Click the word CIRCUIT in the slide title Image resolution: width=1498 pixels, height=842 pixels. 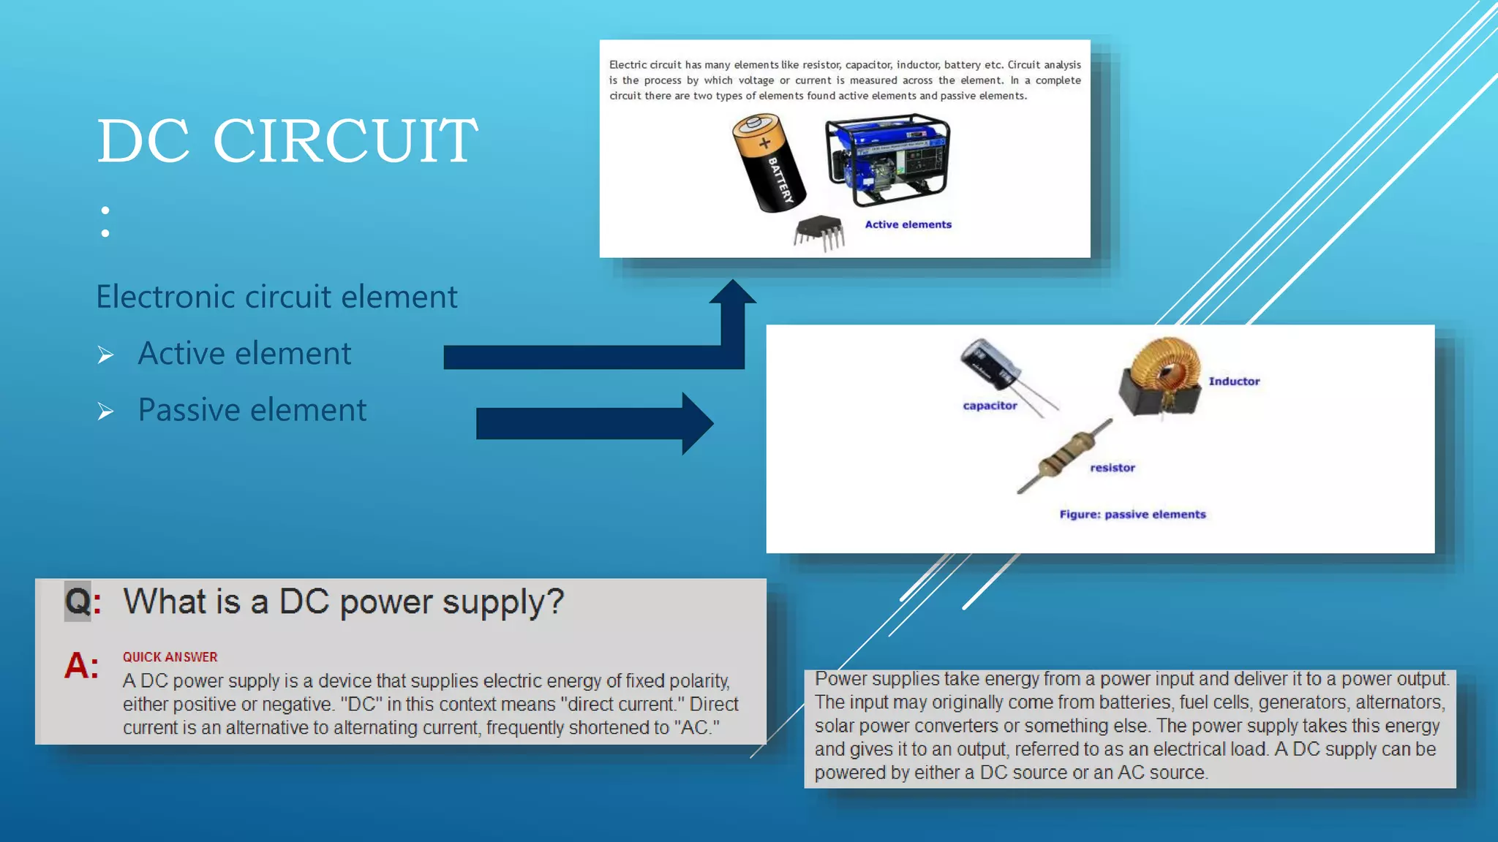pos(345,140)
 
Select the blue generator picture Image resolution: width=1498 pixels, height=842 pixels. pos(887,159)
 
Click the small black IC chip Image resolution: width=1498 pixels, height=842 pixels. pos(819,232)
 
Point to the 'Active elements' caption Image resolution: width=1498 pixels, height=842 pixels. pos(908,224)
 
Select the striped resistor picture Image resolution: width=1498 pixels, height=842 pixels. pos(1066,455)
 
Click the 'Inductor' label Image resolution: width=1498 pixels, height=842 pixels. pos(1234,381)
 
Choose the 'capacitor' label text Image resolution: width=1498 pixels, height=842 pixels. pos(990,406)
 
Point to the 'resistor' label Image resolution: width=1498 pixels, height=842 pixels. pos(1112,468)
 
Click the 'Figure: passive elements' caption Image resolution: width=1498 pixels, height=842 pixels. pos(1132,515)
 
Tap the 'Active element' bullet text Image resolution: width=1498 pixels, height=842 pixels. pos(244,354)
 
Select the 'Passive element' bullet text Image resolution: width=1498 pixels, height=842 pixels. pos(252,410)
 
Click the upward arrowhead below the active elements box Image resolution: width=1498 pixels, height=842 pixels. pos(732,292)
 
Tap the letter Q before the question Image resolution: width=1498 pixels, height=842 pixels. pos(78,602)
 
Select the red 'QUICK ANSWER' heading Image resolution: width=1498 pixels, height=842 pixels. pos(170,657)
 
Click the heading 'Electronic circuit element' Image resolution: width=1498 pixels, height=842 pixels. pos(276,297)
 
